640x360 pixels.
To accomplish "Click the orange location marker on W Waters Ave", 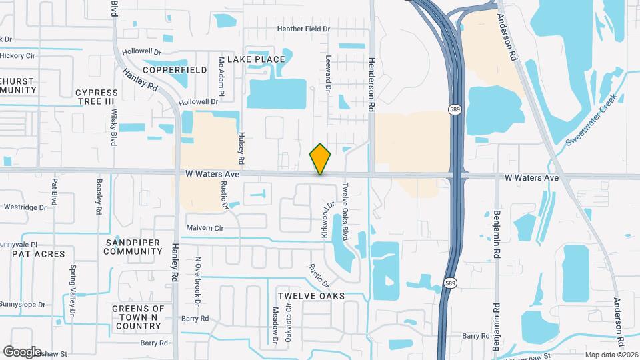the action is coord(320,159).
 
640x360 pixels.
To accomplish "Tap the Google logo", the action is coord(22,351).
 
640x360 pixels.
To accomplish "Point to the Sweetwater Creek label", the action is coord(592,120).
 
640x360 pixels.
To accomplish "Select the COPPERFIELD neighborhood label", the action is coord(174,69).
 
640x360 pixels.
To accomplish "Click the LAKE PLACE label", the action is coord(256,59).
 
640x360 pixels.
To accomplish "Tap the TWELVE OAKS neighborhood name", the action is coord(311,295).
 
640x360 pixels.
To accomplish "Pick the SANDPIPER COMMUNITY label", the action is coord(133,247).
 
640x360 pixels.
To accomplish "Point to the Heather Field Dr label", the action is coord(303,29).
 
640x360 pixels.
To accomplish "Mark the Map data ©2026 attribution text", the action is coord(611,354).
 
